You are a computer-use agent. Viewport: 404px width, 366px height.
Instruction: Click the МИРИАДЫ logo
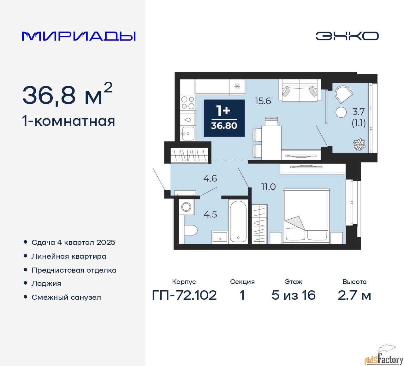tap(79, 36)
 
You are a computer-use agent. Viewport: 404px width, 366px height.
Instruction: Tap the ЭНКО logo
tap(347, 36)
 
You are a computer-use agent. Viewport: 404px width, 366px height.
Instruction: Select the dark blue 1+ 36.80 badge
tap(224, 118)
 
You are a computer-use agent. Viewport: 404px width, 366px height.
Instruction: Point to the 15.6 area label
tap(263, 101)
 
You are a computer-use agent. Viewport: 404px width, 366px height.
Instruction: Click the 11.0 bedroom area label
tap(268, 187)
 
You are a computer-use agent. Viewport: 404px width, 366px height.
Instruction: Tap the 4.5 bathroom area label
tap(210, 215)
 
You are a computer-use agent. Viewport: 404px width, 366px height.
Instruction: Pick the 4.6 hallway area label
tap(210, 179)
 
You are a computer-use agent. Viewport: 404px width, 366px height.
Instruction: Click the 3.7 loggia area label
tap(359, 112)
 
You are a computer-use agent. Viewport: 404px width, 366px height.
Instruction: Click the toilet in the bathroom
tap(190, 230)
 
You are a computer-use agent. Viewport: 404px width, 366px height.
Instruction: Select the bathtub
tap(238, 221)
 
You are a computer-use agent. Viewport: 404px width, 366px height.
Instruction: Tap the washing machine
tap(186, 207)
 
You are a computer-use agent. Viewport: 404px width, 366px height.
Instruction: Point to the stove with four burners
tap(188, 103)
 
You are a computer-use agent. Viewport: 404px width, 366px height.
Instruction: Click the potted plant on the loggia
tap(359, 145)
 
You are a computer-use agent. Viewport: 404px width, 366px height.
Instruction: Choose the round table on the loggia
tap(341, 112)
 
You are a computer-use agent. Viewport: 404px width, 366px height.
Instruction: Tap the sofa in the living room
tap(300, 91)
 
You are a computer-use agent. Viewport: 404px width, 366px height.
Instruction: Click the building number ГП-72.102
tap(184, 295)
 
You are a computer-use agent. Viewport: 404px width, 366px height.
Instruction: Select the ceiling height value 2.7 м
tap(354, 295)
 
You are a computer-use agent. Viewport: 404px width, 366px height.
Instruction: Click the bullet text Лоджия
tap(46, 283)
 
